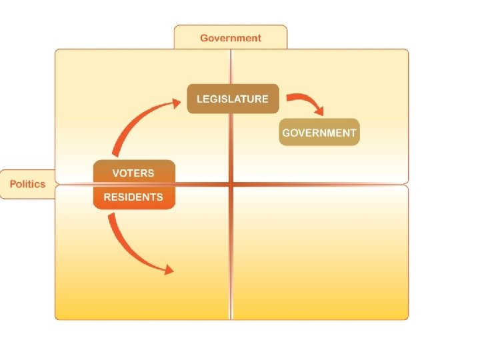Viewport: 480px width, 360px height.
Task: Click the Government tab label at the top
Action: (231, 38)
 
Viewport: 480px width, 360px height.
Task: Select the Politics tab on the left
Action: (27, 184)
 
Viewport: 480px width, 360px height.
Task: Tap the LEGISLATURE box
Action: (232, 99)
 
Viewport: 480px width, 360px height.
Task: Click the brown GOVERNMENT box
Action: (319, 132)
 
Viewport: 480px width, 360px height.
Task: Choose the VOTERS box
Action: (133, 173)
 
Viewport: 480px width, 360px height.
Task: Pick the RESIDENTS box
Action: (133, 197)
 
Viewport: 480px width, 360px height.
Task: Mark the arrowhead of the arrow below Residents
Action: (169, 269)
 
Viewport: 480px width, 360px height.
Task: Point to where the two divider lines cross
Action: (231, 183)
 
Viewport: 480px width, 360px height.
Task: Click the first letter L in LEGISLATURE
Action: (199, 99)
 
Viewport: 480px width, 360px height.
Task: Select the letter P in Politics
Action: (13, 184)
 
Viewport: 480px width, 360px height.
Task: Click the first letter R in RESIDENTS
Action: (107, 197)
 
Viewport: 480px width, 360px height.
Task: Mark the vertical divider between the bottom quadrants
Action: (231, 253)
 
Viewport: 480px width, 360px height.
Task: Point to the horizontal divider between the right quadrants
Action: (320, 183)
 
